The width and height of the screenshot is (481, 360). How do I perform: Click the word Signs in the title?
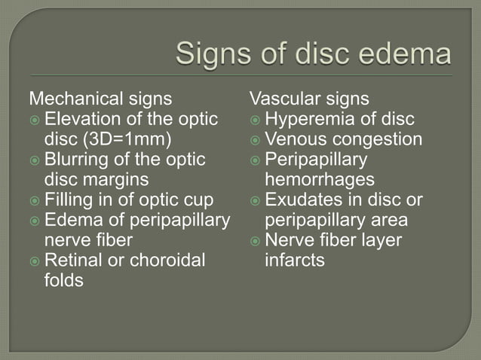pos(213,55)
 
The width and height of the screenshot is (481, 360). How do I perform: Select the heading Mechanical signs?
pos(111,99)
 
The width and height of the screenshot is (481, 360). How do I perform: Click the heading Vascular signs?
pos(310,99)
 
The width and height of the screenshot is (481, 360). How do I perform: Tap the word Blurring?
pos(78,160)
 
